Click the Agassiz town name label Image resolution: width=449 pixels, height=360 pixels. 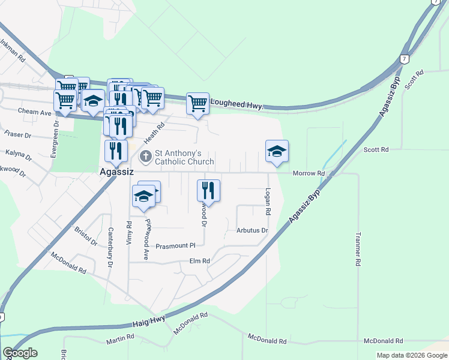[116, 172]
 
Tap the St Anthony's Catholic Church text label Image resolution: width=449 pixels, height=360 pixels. [184, 157]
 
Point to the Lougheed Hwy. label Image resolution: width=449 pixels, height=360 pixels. [237, 105]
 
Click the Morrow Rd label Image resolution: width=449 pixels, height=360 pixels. [309, 173]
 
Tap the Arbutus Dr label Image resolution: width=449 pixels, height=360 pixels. [252, 230]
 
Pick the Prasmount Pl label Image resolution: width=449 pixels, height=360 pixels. [176, 246]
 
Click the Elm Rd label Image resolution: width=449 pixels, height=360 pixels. [199, 261]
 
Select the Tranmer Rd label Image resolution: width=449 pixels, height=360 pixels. [358, 249]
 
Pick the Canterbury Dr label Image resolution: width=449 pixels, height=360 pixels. [111, 247]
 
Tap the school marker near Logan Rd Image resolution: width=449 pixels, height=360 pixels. [277, 151]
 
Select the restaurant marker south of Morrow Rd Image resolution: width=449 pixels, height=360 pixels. [208, 190]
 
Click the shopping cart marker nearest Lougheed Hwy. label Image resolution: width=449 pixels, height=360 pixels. [197, 103]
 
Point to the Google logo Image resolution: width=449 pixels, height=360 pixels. [20, 353]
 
